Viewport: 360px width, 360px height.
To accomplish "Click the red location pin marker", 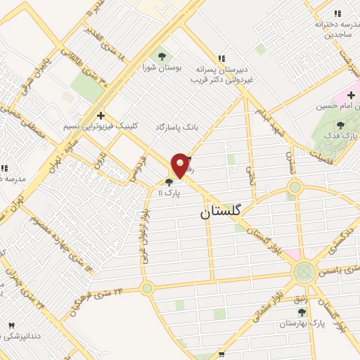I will pyautogui.click(x=180, y=165).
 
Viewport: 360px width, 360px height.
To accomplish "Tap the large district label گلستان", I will pyautogui.click(x=217, y=210).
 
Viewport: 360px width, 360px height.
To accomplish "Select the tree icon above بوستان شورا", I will pyautogui.click(x=162, y=56).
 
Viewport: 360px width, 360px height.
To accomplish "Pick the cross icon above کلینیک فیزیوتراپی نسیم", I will pyautogui.click(x=101, y=115).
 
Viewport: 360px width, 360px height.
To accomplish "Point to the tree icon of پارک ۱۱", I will pyautogui.click(x=169, y=182).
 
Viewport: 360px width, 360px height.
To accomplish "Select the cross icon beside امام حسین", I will pyautogui.click(x=351, y=95).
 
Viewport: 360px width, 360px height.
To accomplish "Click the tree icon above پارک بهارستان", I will pyautogui.click(x=302, y=312).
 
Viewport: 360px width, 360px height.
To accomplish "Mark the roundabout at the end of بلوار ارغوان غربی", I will pyautogui.click(x=146, y=288).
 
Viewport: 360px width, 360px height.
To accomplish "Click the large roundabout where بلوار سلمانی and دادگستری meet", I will pyautogui.click(x=304, y=271).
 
